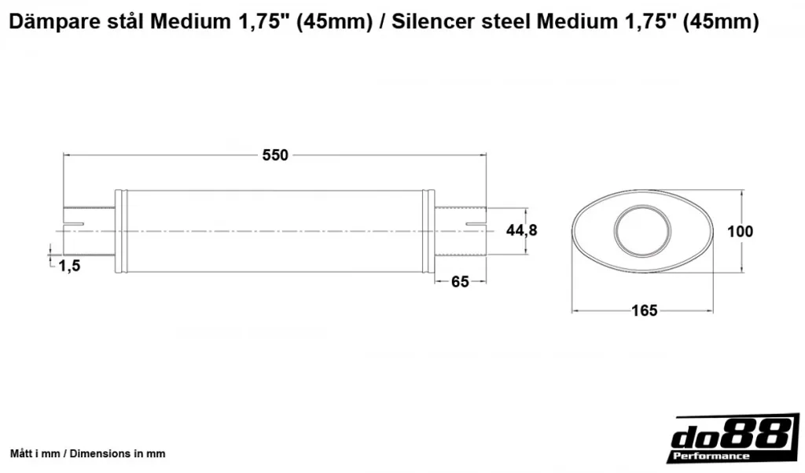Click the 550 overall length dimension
coord(275,155)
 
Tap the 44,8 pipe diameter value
coord(522,230)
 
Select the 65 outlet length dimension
coord(460,281)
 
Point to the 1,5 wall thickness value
coord(69,266)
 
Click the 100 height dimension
coord(740,231)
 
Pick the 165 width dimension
coord(645,310)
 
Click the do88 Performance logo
coord(734,438)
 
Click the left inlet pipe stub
coord(89,231)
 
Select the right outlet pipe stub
coord(461,231)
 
